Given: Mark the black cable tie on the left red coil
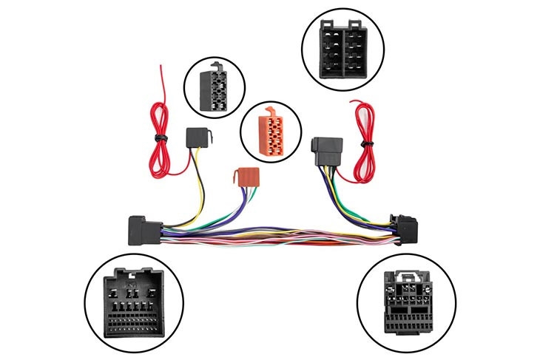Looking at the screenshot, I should pyautogui.click(x=160, y=137).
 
